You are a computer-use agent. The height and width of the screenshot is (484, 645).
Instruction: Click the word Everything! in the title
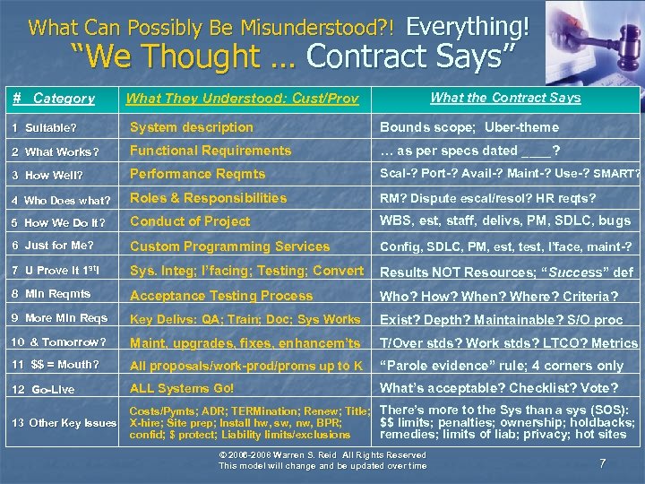pos(468,25)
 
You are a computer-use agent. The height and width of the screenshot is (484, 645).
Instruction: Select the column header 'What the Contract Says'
pos(505,98)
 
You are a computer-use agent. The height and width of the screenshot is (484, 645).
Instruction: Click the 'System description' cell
pos(192,127)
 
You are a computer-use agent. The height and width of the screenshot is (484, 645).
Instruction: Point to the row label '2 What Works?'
pos(60,151)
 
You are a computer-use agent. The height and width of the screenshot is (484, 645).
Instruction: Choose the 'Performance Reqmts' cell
pos(198,174)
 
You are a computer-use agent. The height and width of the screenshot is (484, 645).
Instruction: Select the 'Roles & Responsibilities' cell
pos(209,198)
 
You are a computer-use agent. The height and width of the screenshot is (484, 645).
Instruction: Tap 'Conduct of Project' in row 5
pos(190,221)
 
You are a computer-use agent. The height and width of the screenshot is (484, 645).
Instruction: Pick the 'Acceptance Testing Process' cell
pos(221,296)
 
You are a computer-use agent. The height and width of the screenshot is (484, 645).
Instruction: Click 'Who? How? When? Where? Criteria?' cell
pos(499,296)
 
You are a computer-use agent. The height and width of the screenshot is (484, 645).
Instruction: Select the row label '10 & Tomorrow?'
pos(58,342)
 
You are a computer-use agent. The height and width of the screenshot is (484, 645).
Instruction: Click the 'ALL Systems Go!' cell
pos(182,388)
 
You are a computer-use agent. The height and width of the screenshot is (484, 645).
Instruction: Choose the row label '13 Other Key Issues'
pos(64,422)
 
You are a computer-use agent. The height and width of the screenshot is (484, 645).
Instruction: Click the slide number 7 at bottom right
pos(602,463)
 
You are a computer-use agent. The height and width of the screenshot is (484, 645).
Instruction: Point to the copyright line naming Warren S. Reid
pos(323,455)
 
